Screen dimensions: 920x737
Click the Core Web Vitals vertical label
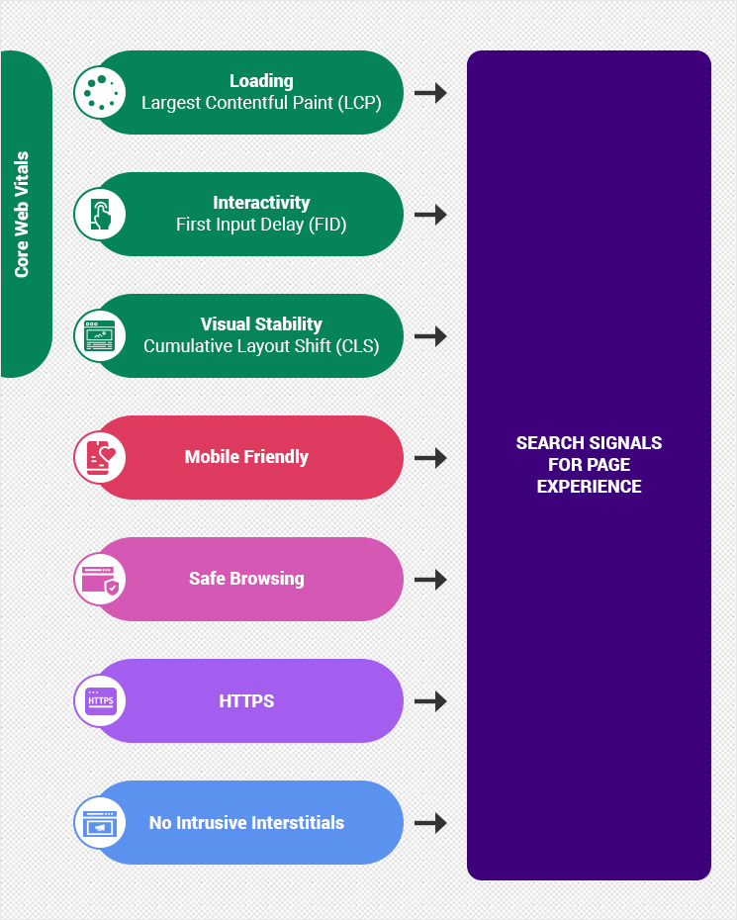tap(22, 215)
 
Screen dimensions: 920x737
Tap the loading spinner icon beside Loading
tap(100, 92)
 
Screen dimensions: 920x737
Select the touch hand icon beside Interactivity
tap(100, 214)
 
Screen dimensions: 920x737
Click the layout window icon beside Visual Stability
tap(100, 335)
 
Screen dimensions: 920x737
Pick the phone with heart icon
tap(100, 457)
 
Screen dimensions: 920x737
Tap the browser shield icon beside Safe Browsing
tap(100, 579)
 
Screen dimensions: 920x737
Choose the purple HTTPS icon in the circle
tap(100, 700)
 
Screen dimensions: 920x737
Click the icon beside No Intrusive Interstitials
tap(100, 822)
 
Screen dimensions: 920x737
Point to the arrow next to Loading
tap(430, 93)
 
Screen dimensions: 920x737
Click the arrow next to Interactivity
tap(430, 215)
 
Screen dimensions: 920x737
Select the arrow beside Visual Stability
tap(430, 336)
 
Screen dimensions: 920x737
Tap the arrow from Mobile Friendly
tap(430, 458)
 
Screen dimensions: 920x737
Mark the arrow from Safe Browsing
tap(430, 580)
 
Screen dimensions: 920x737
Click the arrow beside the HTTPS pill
tap(430, 701)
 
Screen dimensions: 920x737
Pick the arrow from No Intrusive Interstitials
tap(430, 823)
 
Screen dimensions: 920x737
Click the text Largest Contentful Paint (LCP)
tap(261, 103)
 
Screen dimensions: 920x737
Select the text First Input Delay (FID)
tap(261, 225)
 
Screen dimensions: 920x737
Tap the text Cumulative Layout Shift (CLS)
tap(261, 346)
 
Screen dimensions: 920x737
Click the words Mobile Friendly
tap(246, 457)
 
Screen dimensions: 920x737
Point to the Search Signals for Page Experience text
tap(589, 464)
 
